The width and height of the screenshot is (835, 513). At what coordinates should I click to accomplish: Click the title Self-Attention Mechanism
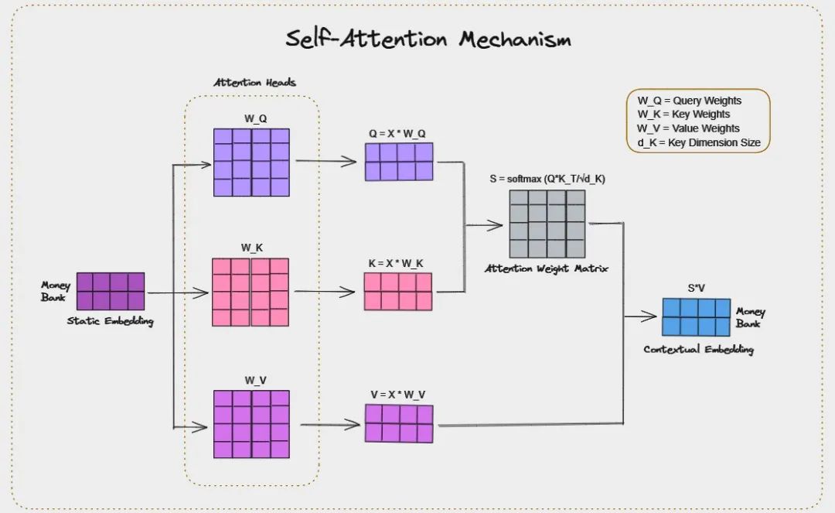[x=428, y=39]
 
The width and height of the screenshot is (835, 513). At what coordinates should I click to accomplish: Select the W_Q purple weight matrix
[x=251, y=162]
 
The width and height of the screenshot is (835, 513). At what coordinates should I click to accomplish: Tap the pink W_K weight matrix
[x=250, y=292]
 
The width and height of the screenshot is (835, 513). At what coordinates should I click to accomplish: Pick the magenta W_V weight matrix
[x=251, y=424]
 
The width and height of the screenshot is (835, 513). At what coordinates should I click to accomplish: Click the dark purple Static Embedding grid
[x=111, y=291]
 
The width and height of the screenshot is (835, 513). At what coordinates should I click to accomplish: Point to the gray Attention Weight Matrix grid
[x=547, y=224]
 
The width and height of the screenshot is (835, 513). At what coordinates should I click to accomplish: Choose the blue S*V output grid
[x=696, y=317]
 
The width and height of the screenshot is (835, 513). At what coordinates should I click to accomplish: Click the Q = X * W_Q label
[x=397, y=133]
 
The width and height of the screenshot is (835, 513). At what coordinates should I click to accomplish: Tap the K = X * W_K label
[x=396, y=263]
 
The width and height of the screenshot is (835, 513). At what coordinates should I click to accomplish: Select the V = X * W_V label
[x=397, y=395]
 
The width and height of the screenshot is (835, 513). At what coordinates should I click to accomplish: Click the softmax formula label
[x=547, y=179]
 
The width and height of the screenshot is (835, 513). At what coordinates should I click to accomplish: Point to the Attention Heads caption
[x=254, y=83]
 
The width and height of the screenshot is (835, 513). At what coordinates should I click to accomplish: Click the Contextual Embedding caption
[x=698, y=350]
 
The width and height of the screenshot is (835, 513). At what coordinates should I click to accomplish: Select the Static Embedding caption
[x=110, y=321]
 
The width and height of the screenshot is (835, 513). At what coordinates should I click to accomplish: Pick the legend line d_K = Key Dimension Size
[x=698, y=142]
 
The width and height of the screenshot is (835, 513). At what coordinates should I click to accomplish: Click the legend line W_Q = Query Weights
[x=689, y=101]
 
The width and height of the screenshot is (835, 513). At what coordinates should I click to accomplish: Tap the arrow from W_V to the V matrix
[x=332, y=425]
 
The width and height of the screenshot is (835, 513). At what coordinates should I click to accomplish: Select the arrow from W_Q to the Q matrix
[x=332, y=162]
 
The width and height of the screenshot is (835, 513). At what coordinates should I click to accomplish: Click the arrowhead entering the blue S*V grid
[x=654, y=316]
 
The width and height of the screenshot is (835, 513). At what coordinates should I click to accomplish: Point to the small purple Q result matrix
[x=399, y=162]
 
